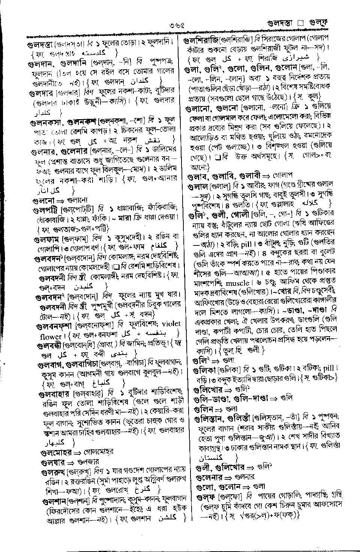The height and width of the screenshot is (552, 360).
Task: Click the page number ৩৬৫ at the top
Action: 177,27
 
